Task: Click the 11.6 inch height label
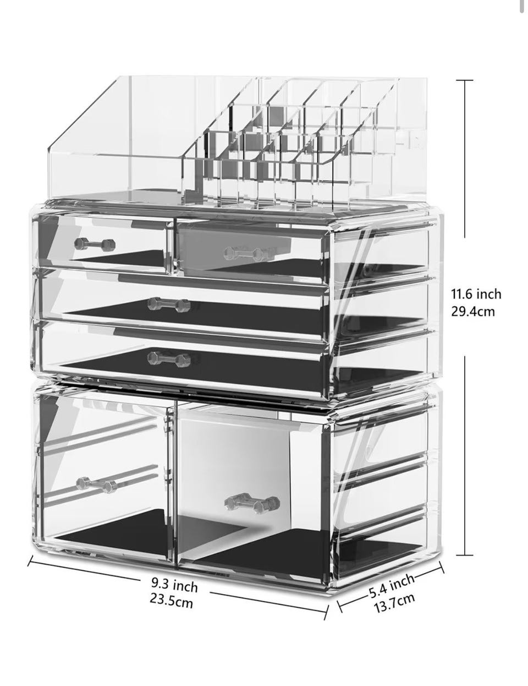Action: [x=476, y=294]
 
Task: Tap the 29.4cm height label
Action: [x=473, y=312]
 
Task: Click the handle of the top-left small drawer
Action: [x=95, y=244]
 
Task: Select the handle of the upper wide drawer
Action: [x=169, y=305]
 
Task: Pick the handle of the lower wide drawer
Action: [x=169, y=359]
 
